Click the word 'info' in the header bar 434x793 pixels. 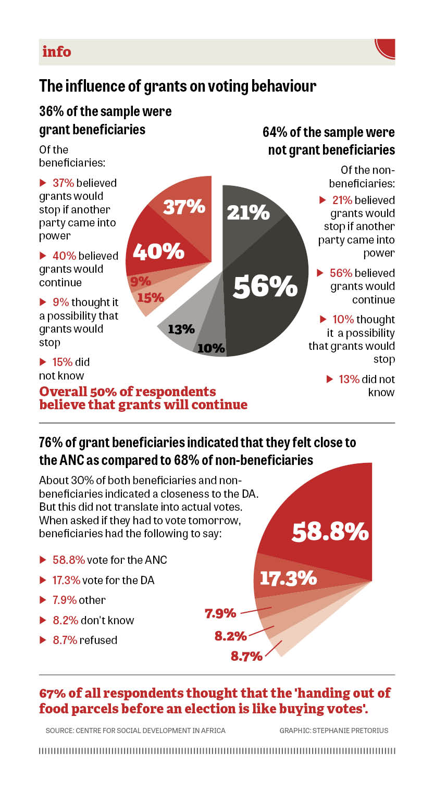[x=56, y=52]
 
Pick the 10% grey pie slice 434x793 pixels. [x=211, y=346]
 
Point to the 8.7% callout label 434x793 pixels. [x=246, y=656]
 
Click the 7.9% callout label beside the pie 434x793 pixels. [x=220, y=613]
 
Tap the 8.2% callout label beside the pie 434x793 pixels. [x=230, y=635]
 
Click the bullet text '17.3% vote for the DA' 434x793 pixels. [x=103, y=580]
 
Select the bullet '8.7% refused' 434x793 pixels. [x=84, y=640]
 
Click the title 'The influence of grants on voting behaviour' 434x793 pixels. [x=178, y=85]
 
